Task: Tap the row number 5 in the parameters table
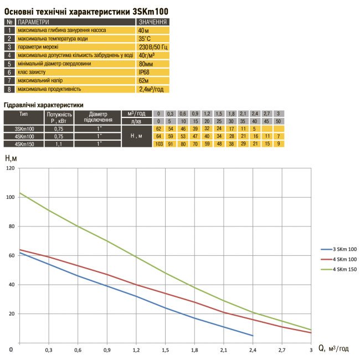tap(9, 63)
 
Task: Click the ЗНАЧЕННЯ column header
tap(152, 22)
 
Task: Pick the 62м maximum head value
tap(144, 80)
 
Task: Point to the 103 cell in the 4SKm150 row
tap(158, 144)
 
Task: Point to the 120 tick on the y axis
tap(9, 168)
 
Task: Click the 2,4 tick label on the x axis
tap(252, 350)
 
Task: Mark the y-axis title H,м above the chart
tap(11, 158)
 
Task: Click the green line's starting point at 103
tap(20, 193)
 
